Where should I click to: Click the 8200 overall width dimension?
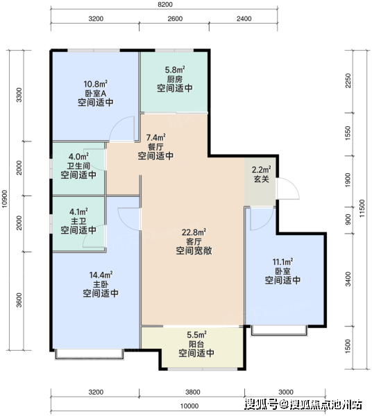pos(165,5)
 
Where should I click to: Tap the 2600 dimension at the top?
pos(175,19)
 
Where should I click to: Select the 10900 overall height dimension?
pos(5,199)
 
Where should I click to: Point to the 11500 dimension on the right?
pos(362,209)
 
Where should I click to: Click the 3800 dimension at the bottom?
pos(193,392)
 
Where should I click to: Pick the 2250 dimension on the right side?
pos(348,80)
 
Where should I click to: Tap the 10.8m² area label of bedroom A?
pos(96,84)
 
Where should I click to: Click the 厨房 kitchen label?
pos(175,79)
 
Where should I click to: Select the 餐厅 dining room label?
pos(155,147)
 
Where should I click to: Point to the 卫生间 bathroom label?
pos(78,166)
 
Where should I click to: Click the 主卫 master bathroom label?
pos(78,220)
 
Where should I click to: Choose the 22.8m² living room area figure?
pos(194,232)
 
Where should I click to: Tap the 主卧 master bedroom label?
pos(101,284)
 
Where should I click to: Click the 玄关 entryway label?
pos(262,179)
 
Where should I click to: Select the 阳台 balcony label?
pos(196,344)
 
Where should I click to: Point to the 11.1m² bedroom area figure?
pos(282,262)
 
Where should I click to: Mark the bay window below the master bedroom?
pos(90,354)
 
